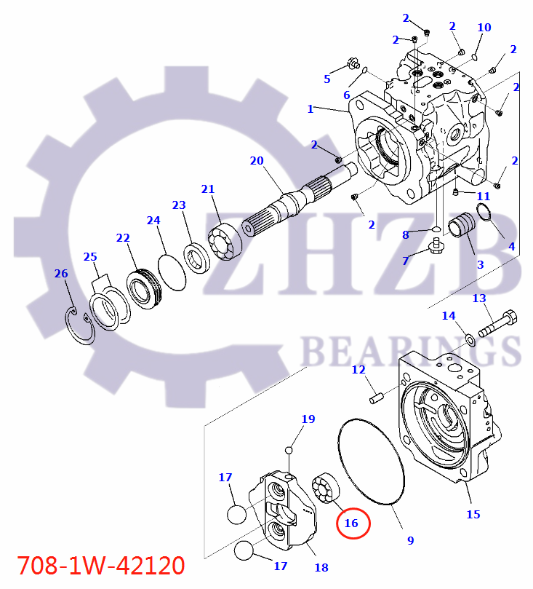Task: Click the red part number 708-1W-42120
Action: coord(100,565)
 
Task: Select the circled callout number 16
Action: coord(351,523)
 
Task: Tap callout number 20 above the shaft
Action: coord(256,161)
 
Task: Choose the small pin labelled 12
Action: coord(377,398)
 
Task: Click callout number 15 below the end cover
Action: coord(473,515)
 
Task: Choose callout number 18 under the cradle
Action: coord(321,567)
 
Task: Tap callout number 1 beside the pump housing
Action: coord(310,109)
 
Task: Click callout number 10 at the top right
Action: coord(484,28)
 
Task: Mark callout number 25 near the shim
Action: coord(89,257)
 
